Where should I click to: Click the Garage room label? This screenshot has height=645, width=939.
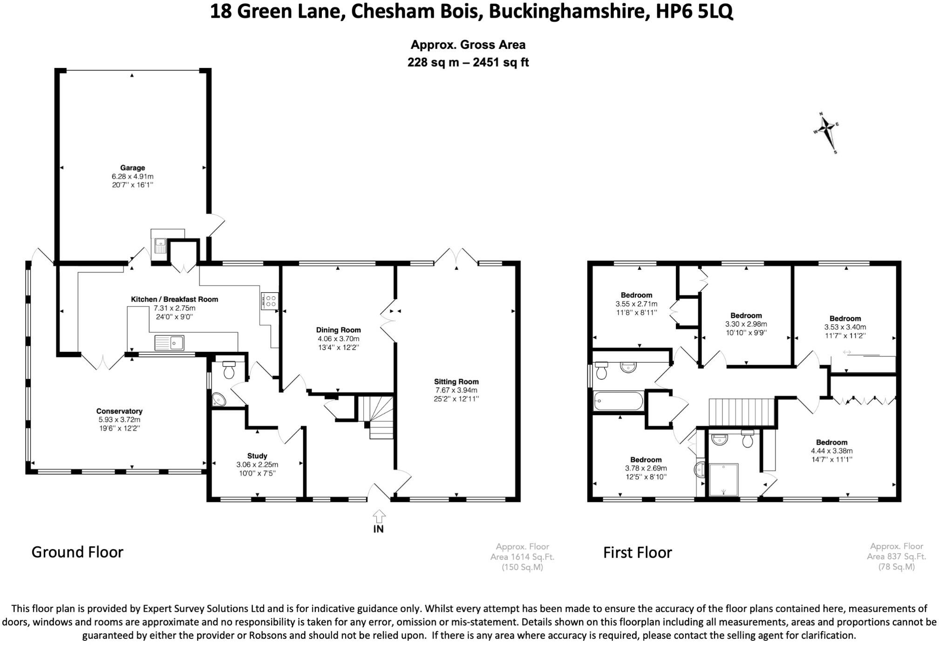(132, 168)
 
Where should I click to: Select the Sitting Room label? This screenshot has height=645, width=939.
(456, 382)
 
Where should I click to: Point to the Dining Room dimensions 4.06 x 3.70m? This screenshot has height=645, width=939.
(338, 339)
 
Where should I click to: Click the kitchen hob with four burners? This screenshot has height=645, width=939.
(270, 300)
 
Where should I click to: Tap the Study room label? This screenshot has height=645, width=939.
(257, 456)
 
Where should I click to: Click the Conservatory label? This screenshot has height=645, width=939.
(119, 411)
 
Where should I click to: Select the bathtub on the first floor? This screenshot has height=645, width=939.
(618, 401)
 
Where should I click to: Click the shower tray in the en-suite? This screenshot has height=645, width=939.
(723, 480)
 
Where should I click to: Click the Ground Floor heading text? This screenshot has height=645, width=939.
(77, 552)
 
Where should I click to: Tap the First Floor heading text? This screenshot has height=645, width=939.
(637, 553)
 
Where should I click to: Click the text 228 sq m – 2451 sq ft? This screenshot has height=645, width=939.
(468, 62)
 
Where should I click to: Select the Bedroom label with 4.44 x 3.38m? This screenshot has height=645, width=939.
(831, 442)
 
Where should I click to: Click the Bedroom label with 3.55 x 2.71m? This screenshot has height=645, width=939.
(636, 295)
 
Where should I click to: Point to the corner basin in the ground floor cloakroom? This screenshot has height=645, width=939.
(218, 400)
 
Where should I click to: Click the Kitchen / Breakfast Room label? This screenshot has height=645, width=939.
(174, 299)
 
